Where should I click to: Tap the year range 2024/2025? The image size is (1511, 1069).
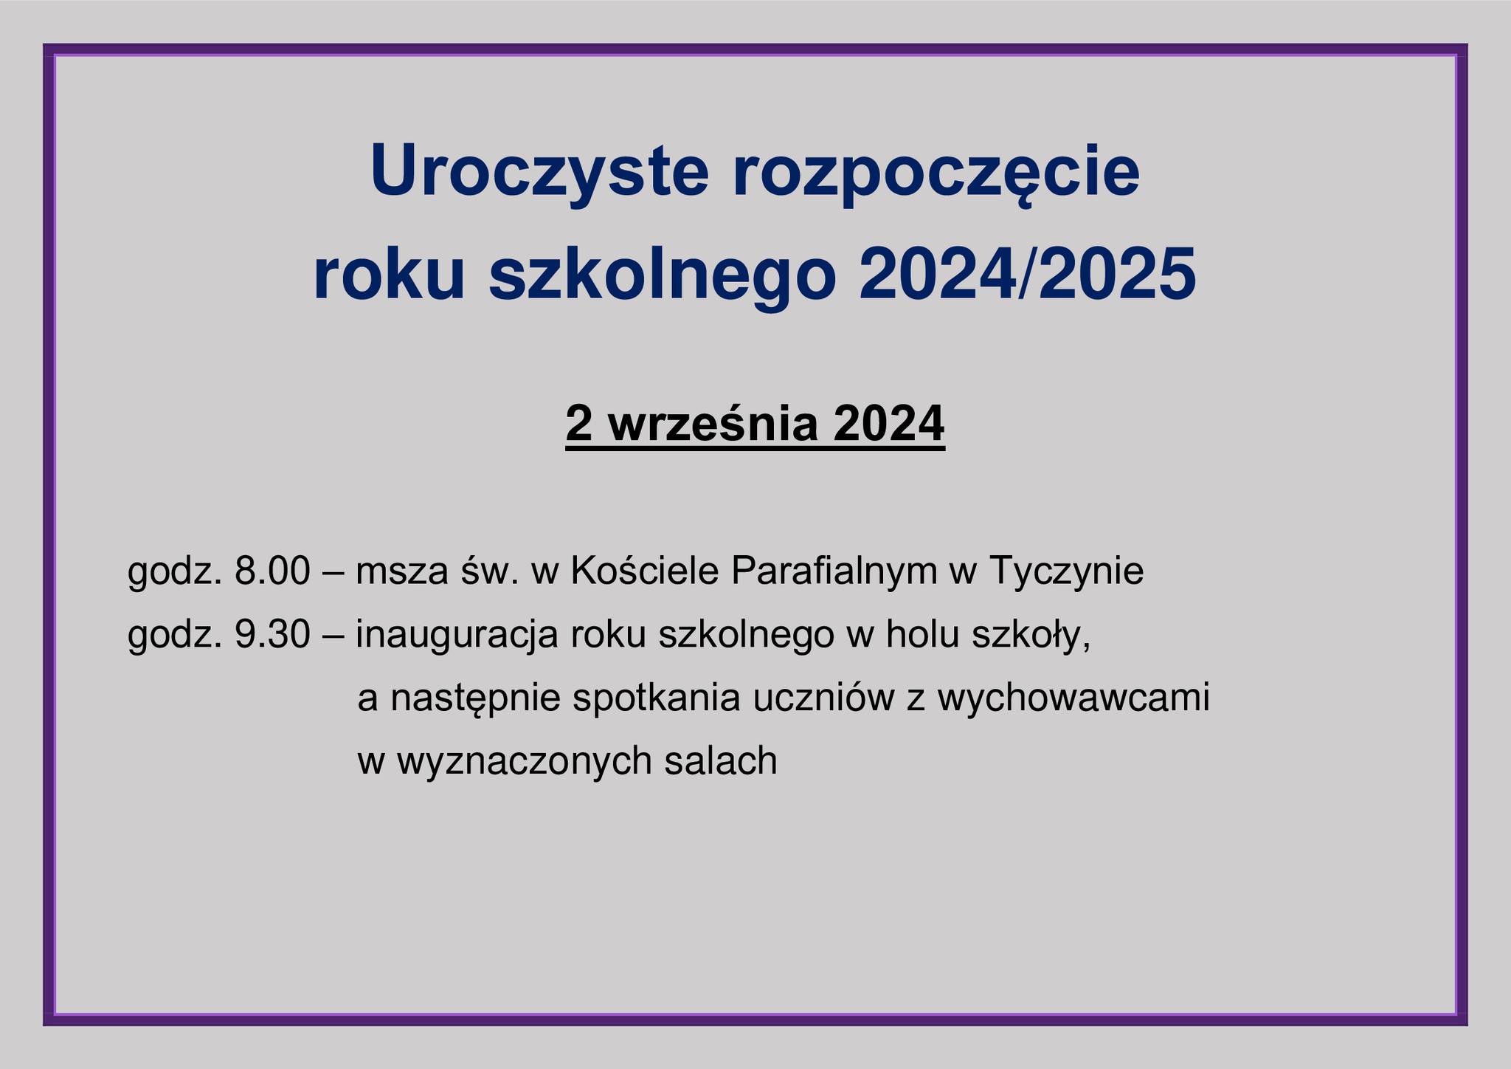tap(1027, 275)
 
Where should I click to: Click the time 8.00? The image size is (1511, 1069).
tap(272, 571)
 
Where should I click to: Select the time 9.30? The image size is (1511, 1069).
tap(272, 635)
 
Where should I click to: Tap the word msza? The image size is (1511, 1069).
tap(399, 572)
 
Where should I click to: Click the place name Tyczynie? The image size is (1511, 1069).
tap(1067, 572)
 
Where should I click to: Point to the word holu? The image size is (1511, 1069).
tap(922, 635)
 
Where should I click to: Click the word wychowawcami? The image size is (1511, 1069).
tap(1073, 698)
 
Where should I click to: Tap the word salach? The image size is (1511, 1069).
tap(721, 760)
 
